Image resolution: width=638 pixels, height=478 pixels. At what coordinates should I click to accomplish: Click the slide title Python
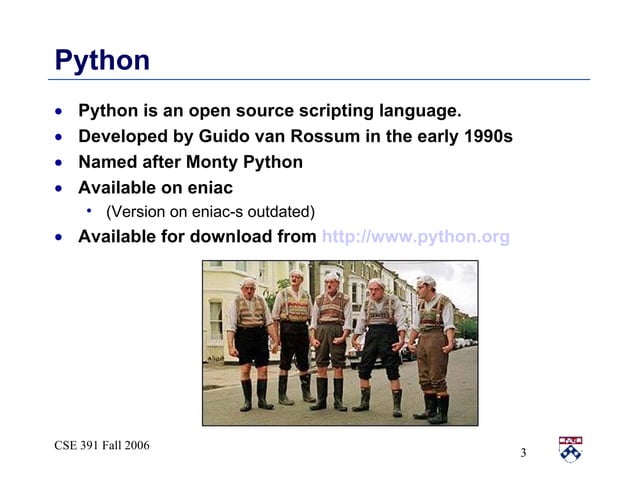click(102, 60)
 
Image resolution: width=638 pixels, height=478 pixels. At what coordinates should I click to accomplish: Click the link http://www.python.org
click(415, 237)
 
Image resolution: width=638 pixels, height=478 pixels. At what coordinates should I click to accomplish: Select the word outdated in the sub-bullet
click(283, 211)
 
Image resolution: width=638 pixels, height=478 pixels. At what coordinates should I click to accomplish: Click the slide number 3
click(523, 455)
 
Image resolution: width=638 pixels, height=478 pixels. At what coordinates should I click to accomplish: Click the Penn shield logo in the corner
click(571, 449)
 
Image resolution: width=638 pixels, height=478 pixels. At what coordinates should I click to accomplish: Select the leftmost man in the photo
click(250, 340)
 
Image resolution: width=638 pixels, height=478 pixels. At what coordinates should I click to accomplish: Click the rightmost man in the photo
click(431, 345)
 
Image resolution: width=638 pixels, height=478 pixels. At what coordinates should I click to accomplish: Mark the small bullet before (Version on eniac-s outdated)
click(90, 210)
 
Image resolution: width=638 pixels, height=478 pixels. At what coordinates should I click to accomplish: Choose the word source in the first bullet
click(234, 110)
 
